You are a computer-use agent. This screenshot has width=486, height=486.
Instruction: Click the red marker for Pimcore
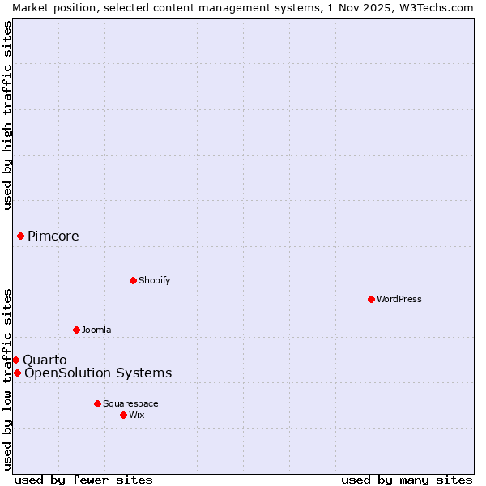tap(20, 236)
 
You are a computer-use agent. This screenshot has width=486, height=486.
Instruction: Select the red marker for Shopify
tap(133, 280)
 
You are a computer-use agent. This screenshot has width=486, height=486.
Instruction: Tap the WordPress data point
tap(371, 299)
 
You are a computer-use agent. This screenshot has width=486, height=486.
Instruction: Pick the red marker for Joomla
tap(76, 330)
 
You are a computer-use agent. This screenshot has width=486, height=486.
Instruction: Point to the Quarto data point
tap(15, 360)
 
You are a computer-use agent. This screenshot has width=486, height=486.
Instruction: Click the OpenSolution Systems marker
tap(17, 373)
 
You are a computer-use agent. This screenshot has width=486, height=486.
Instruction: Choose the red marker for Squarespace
tap(97, 403)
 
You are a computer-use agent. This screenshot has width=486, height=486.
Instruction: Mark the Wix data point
tap(123, 415)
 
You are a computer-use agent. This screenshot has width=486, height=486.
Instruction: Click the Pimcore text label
tap(53, 237)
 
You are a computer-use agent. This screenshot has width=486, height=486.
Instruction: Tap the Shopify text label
tap(154, 280)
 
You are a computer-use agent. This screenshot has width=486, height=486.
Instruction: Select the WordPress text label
tap(399, 299)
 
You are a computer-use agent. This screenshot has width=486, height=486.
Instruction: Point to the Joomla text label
tap(96, 330)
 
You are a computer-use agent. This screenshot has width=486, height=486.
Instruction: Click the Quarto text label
tap(45, 360)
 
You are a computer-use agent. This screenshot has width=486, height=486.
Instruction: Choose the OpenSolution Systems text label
tap(98, 373)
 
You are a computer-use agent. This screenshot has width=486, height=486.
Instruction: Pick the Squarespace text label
tap(130, 403)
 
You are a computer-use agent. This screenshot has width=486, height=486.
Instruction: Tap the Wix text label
tap(137, 415)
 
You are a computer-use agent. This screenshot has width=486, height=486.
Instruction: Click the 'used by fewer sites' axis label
tap(83, 480)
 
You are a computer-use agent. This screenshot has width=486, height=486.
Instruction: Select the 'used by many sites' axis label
tap(407, 480)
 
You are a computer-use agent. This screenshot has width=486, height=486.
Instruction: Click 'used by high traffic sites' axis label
tap(7, 115)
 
